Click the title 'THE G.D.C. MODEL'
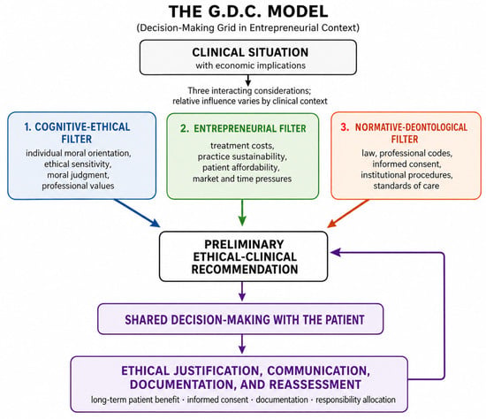(x=248, y=11)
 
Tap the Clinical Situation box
(x=248, y=57)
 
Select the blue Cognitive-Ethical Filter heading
(x=77, y=133)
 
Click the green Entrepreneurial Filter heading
(x=243, y=128)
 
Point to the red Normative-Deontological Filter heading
(x=404, y=133)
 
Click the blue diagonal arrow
(x=137, y=213)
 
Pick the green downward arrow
(x=242, y=212)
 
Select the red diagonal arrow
(x=348, y=213)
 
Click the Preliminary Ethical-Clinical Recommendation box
(x=243, y=256)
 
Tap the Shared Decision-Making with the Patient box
(x=240, y=319)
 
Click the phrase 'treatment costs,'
(x=242, y=146)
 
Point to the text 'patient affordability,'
(x=241, y=167)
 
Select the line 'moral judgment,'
(x=78, y=175)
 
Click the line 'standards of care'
(x=406, y=186)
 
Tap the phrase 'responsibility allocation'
(x=355, y=400)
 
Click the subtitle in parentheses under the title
(x=248, y=28)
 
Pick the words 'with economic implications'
(x=250, y=65)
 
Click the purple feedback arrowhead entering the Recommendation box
(x=336, y=252)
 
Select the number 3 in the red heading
(x=345, y=126)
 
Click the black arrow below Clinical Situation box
(x=248, y=80)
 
